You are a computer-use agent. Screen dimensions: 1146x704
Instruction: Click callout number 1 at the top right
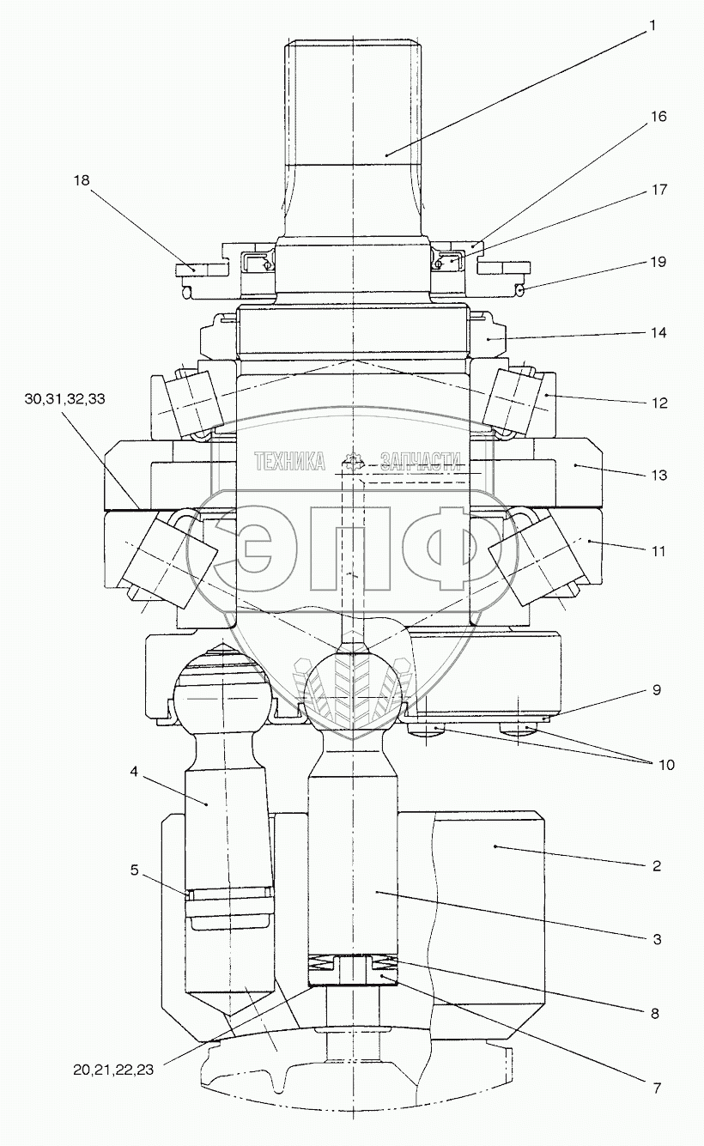(x=652, y=26)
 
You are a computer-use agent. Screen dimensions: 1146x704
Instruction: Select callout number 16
(x=658, y=117)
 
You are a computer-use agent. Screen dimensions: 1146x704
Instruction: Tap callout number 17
(x=658, y=190)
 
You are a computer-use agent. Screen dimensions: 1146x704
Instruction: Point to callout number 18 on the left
(x=82, y=180)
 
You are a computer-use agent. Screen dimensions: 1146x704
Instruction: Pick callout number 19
(x=658, y=262)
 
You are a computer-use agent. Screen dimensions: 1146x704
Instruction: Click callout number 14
(x=658, y=332)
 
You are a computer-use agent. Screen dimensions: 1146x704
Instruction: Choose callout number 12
(x=658, y=403)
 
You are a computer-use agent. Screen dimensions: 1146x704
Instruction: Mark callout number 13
(x=658, y=475)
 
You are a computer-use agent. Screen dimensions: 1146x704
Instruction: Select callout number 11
(x=657, y=549)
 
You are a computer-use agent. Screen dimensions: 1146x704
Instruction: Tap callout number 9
(x=655, y=689)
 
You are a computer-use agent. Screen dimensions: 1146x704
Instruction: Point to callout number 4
(x=134, y=772)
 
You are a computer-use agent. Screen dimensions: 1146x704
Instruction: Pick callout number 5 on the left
(x=134, y=870)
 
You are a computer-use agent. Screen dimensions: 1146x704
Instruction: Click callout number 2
(x=656, y=865)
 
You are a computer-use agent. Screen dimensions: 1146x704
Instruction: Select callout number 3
(x=656, y=939)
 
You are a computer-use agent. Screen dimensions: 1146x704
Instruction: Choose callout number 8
(x=654, y=1013)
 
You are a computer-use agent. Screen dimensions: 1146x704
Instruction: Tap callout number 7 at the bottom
(x=656, y=1088)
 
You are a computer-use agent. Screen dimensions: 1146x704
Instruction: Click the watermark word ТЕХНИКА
(x=289, y=462)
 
